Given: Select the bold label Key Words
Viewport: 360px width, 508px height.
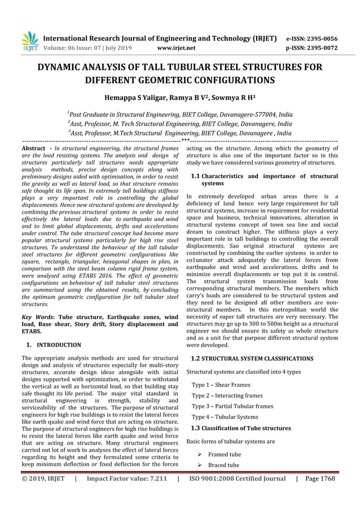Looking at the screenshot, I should [x=36, y=317].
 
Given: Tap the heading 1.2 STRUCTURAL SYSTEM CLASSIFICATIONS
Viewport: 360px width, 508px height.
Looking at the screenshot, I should [x=252, y=358].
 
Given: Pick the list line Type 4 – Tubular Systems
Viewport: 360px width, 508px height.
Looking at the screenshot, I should [x=225, y=417].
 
